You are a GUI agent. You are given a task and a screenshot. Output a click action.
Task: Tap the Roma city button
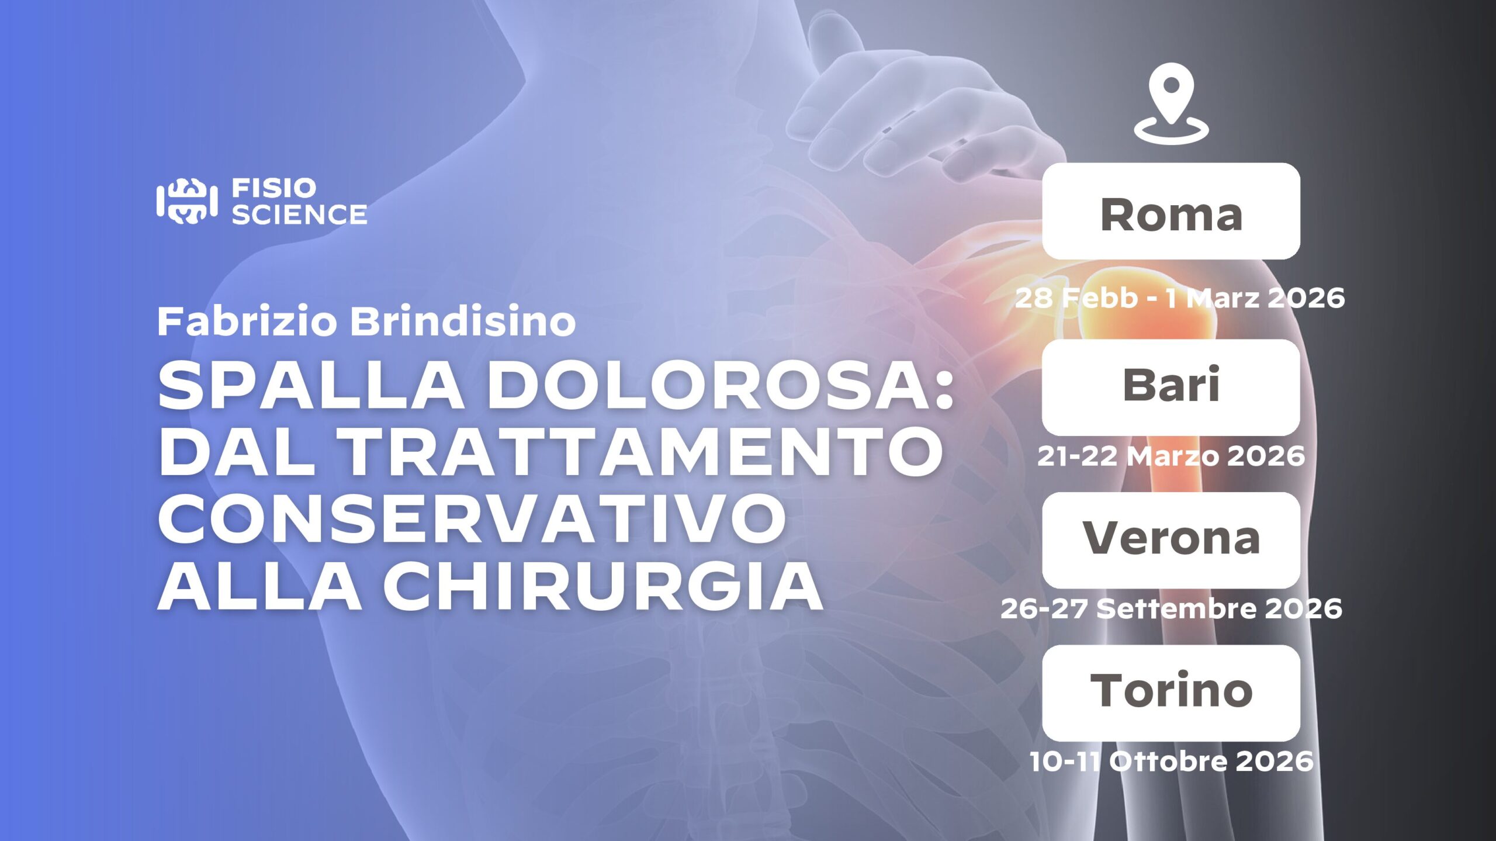pyautogui.click(x=1171, y=211)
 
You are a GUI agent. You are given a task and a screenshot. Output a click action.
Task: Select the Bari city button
pyautogui.click(x=1171, y=387)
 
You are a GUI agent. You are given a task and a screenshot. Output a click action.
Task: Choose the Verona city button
pyautogui.click(x=1171, y=540)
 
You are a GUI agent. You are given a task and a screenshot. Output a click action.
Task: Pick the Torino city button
pyautogui.click(x=1171, y=693)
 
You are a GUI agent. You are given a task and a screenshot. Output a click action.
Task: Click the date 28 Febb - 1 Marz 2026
pyautogui.click(x=1180, y=298)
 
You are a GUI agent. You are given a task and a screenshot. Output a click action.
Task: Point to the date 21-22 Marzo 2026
pyautogui.click(x=1171, y=456)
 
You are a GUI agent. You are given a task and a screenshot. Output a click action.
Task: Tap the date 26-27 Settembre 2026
pyautogui.click(x=1171, y=608)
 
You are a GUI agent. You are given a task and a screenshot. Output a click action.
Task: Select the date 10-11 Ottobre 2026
pyautogui.click(x=1171, y=761)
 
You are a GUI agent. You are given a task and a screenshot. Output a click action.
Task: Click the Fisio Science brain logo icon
pyautogui.click(x=187, y=202)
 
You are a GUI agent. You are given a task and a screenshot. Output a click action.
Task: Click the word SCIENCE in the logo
pyautogui.click(x=299, y=214)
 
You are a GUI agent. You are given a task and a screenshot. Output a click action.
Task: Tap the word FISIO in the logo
pyautogui.click(x=274, y=188)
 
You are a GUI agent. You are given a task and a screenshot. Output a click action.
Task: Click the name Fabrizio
pyautogui.click(x=248, y=321)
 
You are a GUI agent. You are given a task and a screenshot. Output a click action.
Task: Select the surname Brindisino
pyautogui.click(x=463, y=321)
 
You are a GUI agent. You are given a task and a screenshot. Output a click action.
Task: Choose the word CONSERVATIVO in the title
pyautogui.click(x=472, y=518)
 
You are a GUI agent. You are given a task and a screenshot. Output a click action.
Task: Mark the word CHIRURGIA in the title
pyautogui.click(x=603, y=585)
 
